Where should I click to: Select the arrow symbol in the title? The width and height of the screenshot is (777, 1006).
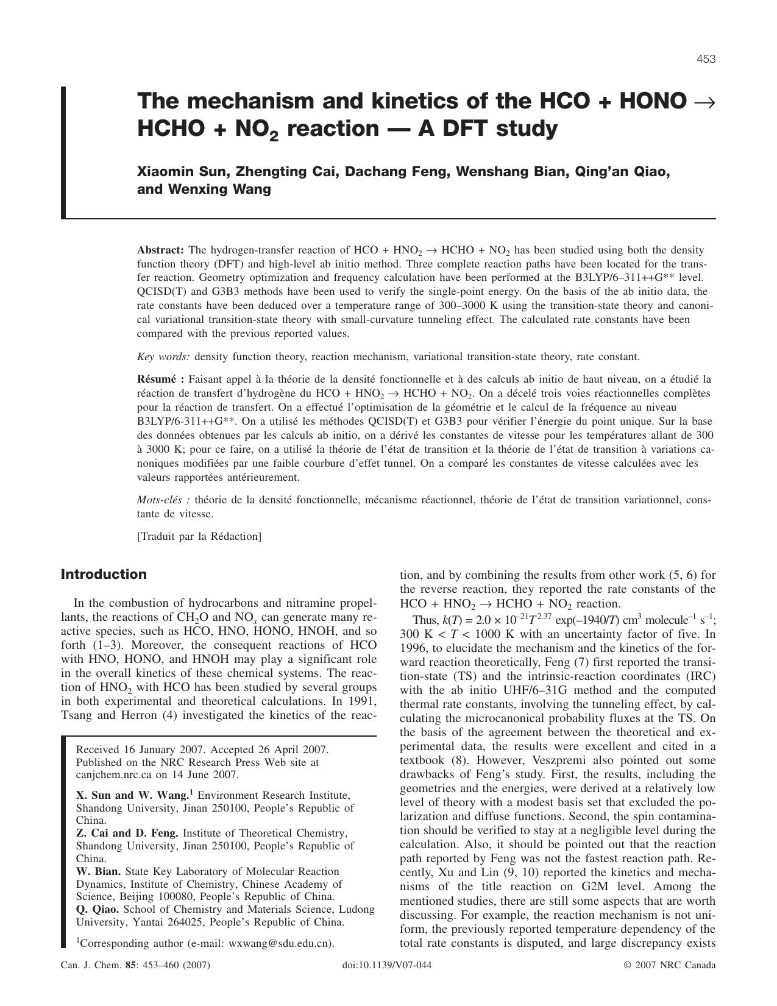[704, 101]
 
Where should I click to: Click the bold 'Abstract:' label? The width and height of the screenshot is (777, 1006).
[160, 250]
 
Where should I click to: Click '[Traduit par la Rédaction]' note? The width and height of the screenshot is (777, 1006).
[199, 536]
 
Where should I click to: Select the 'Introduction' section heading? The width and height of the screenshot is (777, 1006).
[104, 575]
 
